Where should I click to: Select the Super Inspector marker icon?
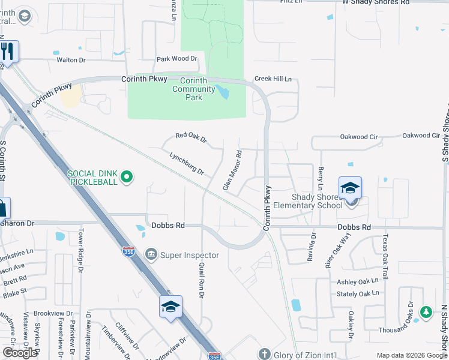click(151, 255)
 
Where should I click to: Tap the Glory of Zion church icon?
click(264, 354)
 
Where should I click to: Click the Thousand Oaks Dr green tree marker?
click(426, 312)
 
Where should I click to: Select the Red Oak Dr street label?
click(191, 139)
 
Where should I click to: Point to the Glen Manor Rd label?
click(232, 170)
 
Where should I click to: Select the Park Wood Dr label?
click(176, 59)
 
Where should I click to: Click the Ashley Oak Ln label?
click(358, 281)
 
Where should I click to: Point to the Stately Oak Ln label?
click(358, 294)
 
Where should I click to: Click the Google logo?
click(20, 353)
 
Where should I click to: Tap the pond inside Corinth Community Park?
click(224, 92)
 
